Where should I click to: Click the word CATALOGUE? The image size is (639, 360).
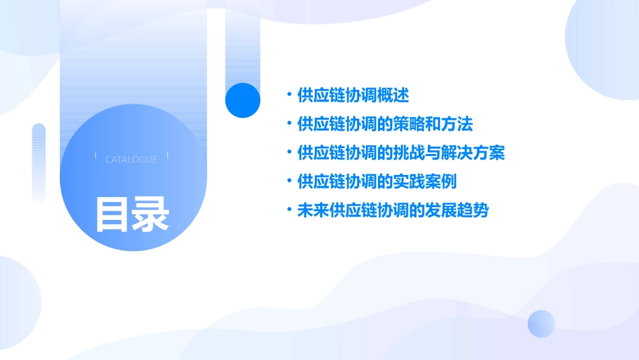coord(131,159)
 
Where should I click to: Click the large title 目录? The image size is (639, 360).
coord(133,214)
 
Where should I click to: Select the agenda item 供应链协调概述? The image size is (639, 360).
coord(352,95)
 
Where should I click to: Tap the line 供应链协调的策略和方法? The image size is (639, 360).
coord(385,124)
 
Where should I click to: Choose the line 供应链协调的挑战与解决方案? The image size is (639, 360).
coord(400,153)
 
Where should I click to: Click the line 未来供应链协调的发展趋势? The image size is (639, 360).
coord(392,211)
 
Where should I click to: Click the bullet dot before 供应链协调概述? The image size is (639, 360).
coord(289,95)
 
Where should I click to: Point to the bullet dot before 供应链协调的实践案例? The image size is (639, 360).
coord(289,182)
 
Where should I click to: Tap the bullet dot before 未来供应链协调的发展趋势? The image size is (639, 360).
coord(289,211)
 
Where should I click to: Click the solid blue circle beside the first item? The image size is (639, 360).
coord(243,100)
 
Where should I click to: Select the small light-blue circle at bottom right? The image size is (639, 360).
coord(541,324)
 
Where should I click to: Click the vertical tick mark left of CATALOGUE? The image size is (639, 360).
coord(96,156)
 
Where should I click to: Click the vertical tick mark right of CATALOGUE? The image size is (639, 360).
coord(167,156)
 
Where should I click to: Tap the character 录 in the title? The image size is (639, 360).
coord(151,214)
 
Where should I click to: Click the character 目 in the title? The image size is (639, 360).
coord(112,214)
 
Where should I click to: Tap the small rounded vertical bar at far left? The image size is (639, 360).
coord(39,161)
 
